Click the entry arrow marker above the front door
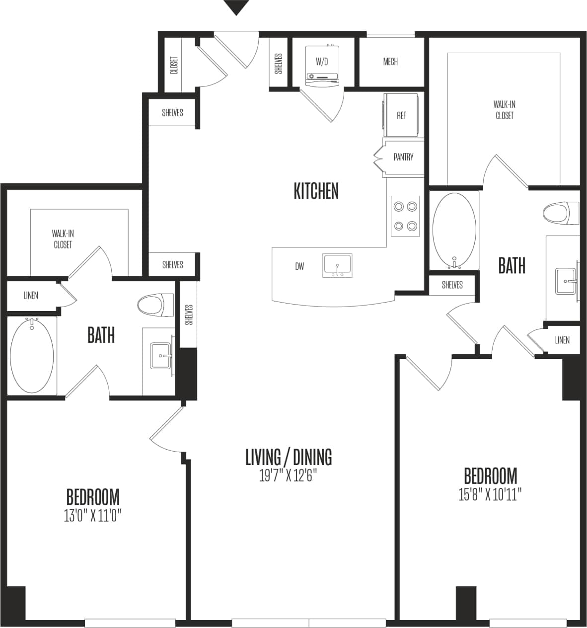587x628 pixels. click(236, 7)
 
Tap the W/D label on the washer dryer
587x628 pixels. click(322, 62)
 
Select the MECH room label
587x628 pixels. click(390, 62)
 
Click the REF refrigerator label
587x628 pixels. click(401, 115)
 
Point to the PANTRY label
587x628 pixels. click(403, 157)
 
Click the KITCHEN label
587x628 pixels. click(316, 191)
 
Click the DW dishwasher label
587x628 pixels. click(299, 267)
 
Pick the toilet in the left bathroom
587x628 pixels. click(154, 305)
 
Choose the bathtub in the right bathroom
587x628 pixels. click(454, 229)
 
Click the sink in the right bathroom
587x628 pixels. click(567, 282)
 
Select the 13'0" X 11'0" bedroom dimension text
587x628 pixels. click(93, 516)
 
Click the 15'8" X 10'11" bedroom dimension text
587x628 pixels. click(490, 495)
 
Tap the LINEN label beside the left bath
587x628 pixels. click(31, 296)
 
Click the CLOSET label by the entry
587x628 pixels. click(174, 65)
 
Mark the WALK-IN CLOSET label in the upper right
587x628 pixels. click(504, 110)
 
